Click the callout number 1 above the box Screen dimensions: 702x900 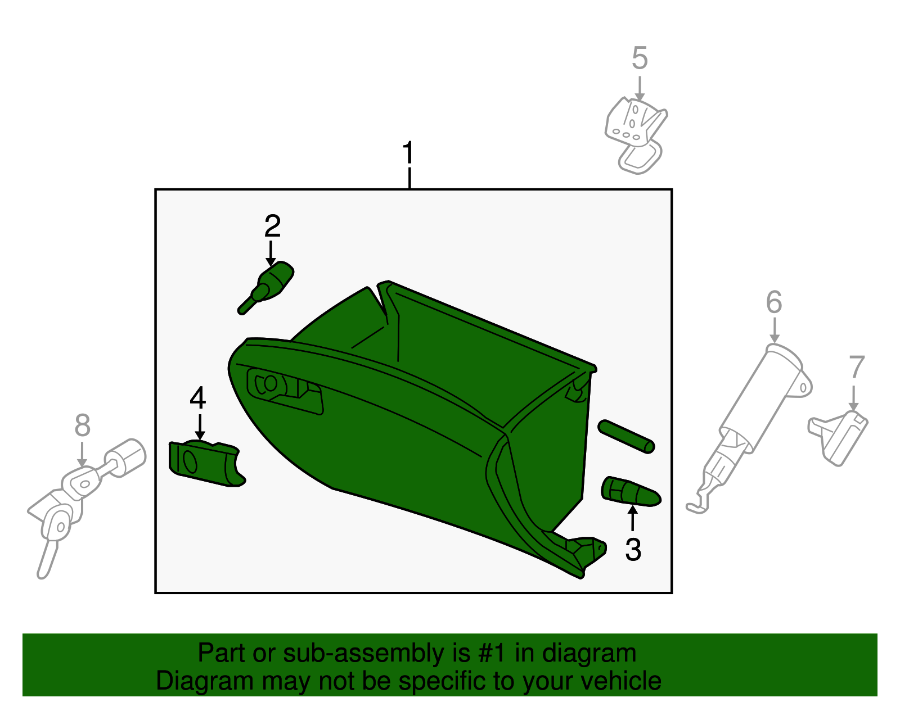[408, 153]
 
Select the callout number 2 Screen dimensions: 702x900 [272, 226]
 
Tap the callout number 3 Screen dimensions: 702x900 [633, 550]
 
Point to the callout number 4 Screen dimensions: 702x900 [197, 398]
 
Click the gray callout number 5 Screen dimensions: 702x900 [640, 58]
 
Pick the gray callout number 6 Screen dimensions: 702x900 [774, 302]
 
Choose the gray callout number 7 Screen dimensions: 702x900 [856, 368]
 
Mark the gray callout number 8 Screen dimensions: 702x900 [82, 425]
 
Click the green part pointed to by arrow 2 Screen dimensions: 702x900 [270, 286]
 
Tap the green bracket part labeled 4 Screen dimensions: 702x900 [205, 463]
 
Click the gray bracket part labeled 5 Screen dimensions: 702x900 [636, 132]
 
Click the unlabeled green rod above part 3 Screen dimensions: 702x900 [626, 436]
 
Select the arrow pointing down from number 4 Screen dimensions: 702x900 [199, 427]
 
